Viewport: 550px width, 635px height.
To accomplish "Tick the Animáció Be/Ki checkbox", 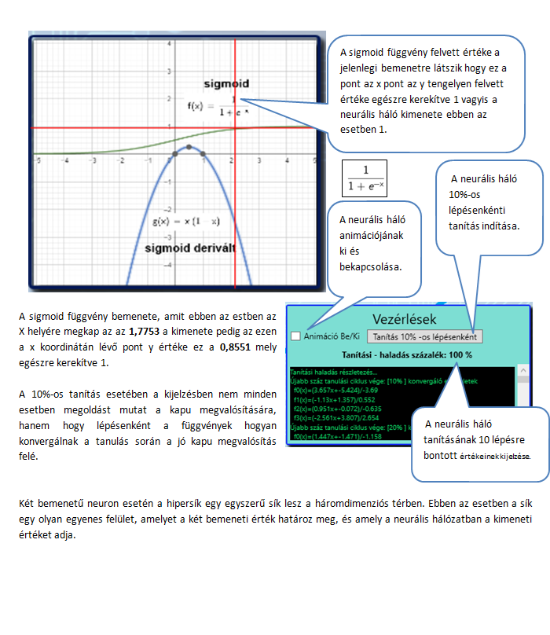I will point(295,336).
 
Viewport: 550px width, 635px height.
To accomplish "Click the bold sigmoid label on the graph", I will point(225,83).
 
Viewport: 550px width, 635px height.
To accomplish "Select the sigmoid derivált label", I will point(192,248).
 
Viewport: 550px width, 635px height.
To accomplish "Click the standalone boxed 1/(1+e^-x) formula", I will point(365,179).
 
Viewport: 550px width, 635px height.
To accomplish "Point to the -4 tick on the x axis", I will point(66,160).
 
